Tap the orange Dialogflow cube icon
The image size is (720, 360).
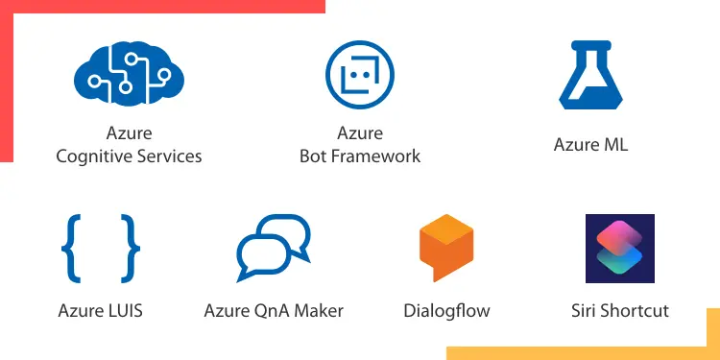[446, 248]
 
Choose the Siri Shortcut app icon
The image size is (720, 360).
[619, 249]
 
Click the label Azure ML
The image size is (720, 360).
[590, 145]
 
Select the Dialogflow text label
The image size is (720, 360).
[446, 311]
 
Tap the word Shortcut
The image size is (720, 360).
[636, 311]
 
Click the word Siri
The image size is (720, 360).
[585, 311]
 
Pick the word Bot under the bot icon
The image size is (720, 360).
[314, 156]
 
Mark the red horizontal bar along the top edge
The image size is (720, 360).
[163, 6]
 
